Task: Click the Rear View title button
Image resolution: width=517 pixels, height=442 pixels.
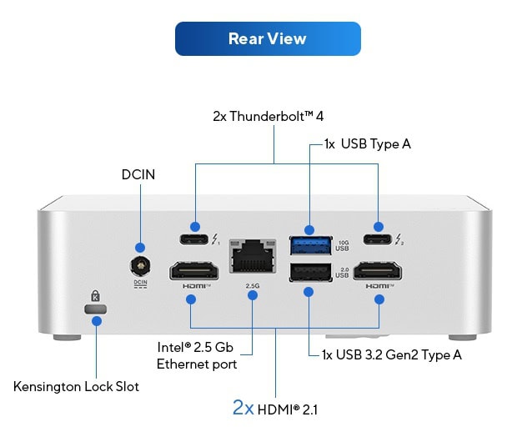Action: pyautogui.click(x=267, y=39)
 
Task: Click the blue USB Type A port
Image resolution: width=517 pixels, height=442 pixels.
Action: pyautogui.click(x=309, y=247)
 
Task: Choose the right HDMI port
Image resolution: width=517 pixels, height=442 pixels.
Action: pyautogui.click(x=379, y=272)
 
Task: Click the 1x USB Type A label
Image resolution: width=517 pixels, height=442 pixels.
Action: pyautogui.click(x=367, y=144)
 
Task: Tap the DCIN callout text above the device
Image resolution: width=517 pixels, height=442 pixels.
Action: pyautogui.click(x=138, y=174)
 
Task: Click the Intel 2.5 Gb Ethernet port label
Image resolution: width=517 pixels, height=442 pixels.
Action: pyautogui.click(x=197, y=355)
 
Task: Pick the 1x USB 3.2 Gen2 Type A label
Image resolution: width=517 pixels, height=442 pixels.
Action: pyautogui.click(x=392, y=354)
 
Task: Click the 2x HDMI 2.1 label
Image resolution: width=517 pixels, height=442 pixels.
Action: pyautogui.click(x=274, y=409)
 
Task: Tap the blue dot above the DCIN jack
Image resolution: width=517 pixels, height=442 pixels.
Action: pyautogui.click(x=140, y=248)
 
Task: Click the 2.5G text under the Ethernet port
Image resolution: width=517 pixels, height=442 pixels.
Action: pyautogui.click(x=253, y=285)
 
